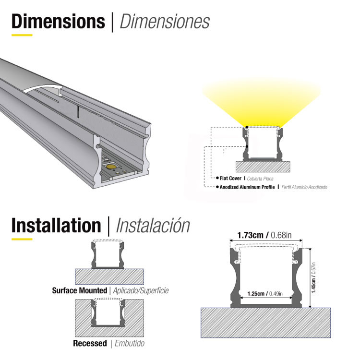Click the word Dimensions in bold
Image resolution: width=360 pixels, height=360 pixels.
click(x=58, y=22)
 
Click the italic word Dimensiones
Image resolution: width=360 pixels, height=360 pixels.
click(x=164, y=22)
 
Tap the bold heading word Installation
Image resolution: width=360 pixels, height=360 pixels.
click(x=56, y=225)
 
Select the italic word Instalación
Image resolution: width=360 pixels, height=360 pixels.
click(x=153, y=226)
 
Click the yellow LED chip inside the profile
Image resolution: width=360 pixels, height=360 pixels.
click(x=111, y=166)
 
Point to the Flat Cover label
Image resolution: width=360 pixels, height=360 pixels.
click(x=230, y=179)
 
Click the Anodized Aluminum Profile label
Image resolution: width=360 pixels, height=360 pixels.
click(x=247, y=187)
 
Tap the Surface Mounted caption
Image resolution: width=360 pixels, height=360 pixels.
click(x=79, y=290)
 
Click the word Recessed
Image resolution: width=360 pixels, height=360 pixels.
click(x=90, y=343)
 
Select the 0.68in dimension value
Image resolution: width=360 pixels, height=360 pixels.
click(x=281, y=236)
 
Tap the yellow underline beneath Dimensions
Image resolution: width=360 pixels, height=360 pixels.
click(x=22, y=35)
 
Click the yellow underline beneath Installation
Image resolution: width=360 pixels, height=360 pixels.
click(x=22, y=238)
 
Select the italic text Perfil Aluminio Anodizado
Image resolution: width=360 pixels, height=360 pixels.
click(x=304, y=187)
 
